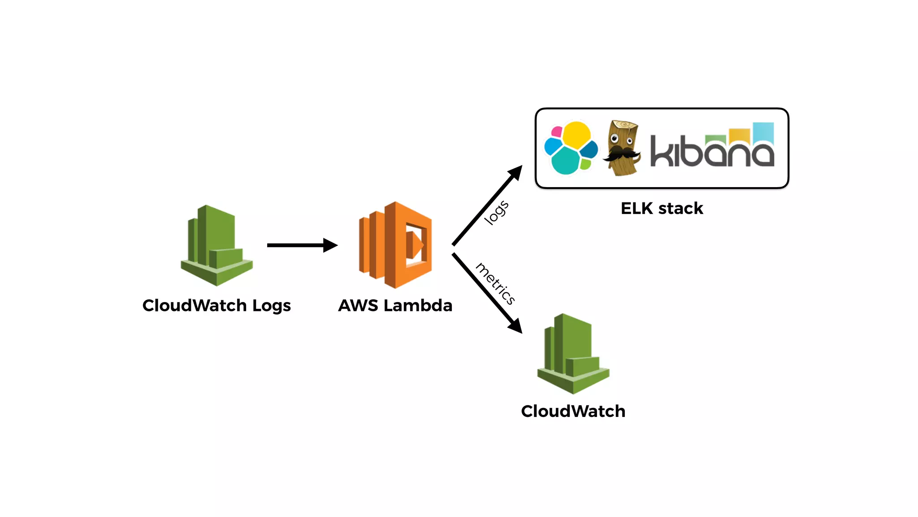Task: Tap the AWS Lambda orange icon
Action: tap(395, 245)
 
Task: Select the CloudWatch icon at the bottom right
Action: tap(573, 354)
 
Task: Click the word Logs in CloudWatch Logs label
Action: tap(271, 306)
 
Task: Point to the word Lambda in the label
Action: tap(418, 306)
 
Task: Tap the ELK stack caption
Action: tap(662, 209)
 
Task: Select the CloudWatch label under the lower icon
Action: tap(573, 412)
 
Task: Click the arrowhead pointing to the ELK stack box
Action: tap(515, 172)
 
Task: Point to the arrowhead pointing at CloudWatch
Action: tap(515, 326)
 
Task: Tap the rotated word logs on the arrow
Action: tap(497, 212)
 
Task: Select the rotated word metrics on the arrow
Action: tap(495, 284)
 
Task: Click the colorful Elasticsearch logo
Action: tap(570, 148)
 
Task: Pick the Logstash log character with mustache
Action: tap(622, 148)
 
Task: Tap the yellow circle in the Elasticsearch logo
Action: tap(576, 135)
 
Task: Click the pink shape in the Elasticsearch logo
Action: tap(557, 131)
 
